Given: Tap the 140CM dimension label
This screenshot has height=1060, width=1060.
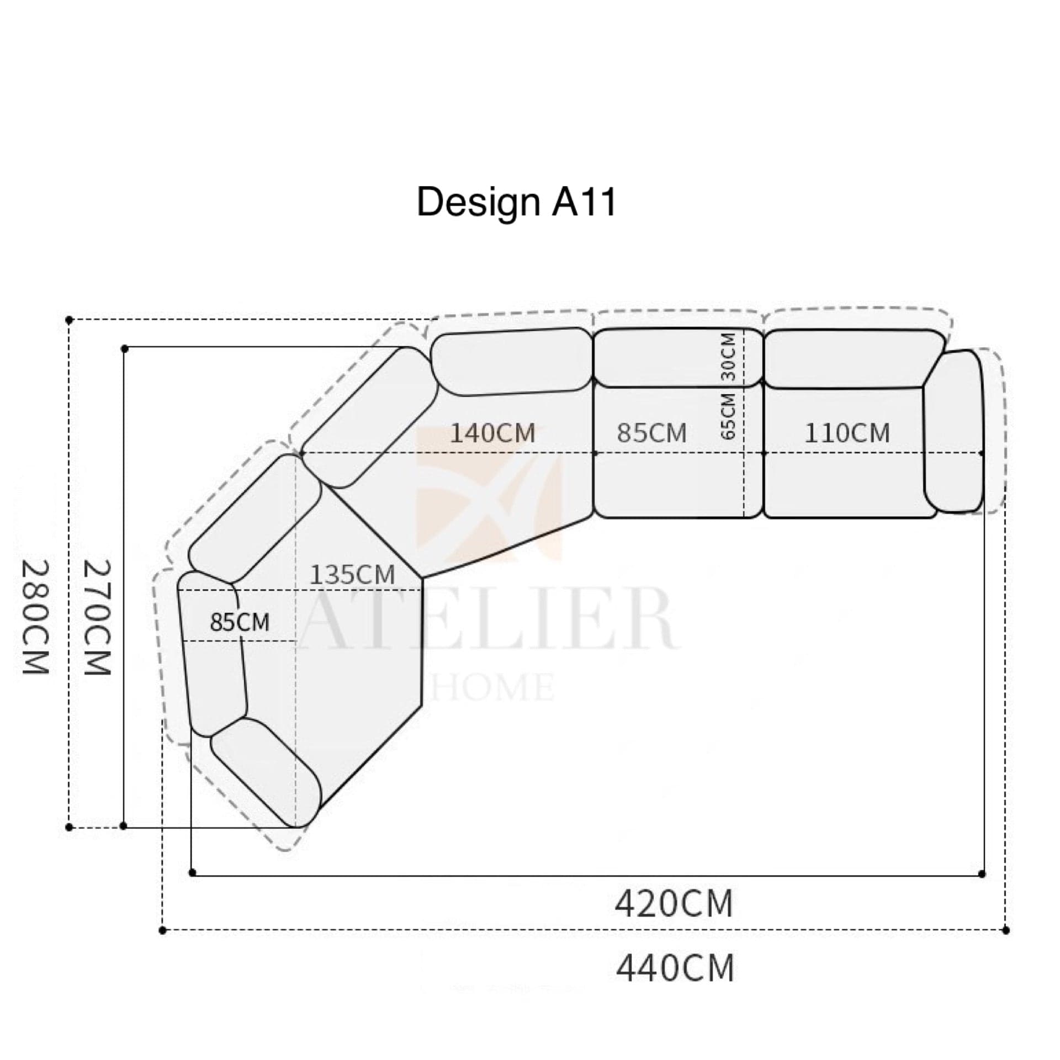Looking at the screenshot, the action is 493,433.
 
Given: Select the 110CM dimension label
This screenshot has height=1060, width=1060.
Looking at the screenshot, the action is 847,433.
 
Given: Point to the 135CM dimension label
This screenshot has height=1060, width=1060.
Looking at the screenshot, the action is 352,575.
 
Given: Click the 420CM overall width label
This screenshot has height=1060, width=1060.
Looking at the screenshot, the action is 674,904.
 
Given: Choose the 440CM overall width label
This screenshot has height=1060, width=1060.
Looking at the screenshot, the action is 675,968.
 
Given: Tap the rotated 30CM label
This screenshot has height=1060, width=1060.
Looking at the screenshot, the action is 729,357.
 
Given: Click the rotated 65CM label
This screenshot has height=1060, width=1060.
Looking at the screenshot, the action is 729,416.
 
